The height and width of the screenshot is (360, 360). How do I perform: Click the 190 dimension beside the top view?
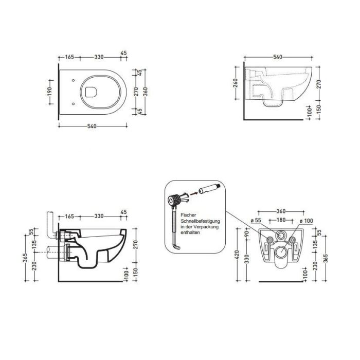50,92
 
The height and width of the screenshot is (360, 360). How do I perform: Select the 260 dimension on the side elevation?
236,83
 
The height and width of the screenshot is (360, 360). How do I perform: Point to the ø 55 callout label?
256,220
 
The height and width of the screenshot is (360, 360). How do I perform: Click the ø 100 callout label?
307,221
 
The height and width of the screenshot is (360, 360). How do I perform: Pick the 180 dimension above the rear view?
281,220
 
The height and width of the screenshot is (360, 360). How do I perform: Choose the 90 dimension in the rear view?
247,234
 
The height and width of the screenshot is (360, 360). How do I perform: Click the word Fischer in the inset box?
189,215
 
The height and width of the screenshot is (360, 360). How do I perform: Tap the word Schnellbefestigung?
200,221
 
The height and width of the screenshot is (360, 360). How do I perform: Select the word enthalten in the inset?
190,232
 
